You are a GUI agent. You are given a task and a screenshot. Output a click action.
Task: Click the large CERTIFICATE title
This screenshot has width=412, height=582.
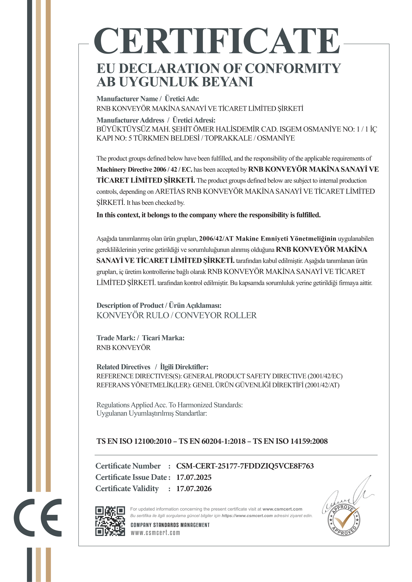point(217,41)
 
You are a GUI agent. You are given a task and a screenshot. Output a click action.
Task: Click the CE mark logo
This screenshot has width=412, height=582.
point(38,518)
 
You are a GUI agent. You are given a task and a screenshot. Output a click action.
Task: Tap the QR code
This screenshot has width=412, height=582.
point(110,521)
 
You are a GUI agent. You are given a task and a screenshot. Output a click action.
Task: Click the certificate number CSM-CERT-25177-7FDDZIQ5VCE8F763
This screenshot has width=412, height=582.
point(245,466)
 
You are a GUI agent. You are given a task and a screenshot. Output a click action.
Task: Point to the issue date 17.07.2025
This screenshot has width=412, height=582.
point(194,477)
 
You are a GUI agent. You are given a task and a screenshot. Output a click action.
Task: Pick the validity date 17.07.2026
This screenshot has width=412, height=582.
point(194,489)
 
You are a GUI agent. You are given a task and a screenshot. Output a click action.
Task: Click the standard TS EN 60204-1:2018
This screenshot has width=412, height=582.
point(212,441)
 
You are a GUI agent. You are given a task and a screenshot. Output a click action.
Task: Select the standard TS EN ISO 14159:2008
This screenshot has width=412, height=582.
point(290,441)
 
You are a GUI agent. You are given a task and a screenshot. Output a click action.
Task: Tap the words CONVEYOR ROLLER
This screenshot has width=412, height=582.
point(216,315)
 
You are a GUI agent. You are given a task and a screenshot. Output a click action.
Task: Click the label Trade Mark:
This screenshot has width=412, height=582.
point(116,338)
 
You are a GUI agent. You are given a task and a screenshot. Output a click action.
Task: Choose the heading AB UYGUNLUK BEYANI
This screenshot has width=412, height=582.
point(175,82)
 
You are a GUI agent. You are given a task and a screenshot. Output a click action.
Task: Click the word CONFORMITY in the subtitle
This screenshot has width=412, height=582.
point(292,68)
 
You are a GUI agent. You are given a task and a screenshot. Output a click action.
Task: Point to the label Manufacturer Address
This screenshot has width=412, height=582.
point(130,120)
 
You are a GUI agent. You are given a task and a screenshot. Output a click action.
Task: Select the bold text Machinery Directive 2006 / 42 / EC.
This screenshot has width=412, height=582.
point(144,169)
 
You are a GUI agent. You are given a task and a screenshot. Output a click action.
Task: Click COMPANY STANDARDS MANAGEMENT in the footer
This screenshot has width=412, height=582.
point(170,525)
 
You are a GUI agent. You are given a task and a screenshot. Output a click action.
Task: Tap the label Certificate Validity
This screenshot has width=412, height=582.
point(127,489)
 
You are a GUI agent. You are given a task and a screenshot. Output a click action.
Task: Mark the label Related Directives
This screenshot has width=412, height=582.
point(123,367)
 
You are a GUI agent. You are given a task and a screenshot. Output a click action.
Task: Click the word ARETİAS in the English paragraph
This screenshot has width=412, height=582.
point(170,191)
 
